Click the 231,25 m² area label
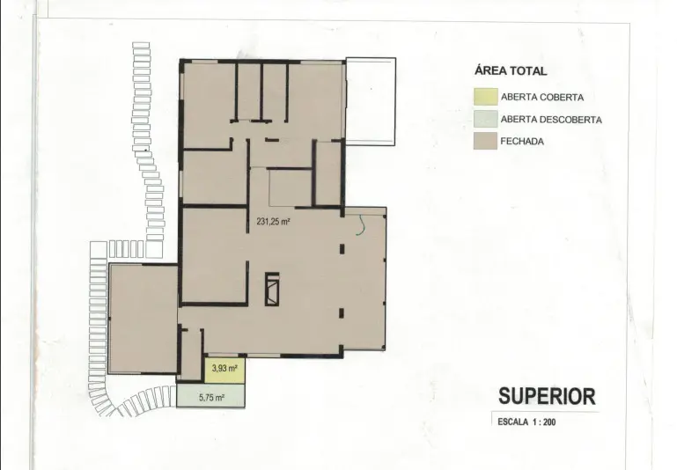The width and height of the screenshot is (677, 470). tap(273, 222)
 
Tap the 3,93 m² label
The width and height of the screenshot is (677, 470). tap(224, 369)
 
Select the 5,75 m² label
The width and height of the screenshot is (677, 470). tap(211, 398)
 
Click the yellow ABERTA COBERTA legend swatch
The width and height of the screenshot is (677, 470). tap(486, 97)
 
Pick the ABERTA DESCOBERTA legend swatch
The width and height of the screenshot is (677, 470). tap(486, 119)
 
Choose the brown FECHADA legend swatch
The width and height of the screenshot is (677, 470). tap(486, 141)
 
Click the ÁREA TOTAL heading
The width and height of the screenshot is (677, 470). tap(511, 70)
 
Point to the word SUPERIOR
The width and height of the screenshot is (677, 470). tap(547, 396)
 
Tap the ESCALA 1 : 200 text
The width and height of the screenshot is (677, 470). tap(526, 422)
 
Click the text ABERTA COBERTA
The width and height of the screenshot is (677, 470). tap(542, 97)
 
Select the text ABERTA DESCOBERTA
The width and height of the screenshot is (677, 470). tap(551, 120)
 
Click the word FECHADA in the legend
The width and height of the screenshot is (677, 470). tap(522, 141)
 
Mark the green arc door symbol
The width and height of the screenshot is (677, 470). tap(360, 226)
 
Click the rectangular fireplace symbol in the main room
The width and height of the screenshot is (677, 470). tap(272, 289)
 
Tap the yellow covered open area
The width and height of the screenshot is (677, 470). tap(224, 371)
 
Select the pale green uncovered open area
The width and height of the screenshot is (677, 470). tap(210, 396)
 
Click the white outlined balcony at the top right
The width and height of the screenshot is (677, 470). tap(371, 101)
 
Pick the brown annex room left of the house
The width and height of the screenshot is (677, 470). tap(143, 319)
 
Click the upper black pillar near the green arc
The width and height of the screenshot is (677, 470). tap(342, 249)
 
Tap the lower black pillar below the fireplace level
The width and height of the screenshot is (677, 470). tap(342, 313)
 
